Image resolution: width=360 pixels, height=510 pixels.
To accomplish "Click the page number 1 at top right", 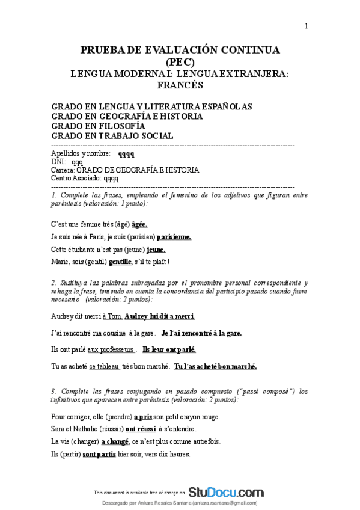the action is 307,25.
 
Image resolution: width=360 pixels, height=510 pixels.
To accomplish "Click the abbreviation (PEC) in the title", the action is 180,61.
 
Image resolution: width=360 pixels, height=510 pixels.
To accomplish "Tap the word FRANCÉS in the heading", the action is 180,85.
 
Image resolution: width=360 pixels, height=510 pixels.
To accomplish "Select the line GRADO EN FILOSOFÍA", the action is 98,126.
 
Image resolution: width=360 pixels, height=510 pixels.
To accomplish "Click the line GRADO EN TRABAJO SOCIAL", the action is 112,136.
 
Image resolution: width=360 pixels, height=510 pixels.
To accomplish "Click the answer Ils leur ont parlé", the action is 169,349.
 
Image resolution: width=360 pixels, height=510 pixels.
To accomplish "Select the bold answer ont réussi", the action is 141,429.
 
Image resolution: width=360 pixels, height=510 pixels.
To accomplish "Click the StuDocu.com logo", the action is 225,491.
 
